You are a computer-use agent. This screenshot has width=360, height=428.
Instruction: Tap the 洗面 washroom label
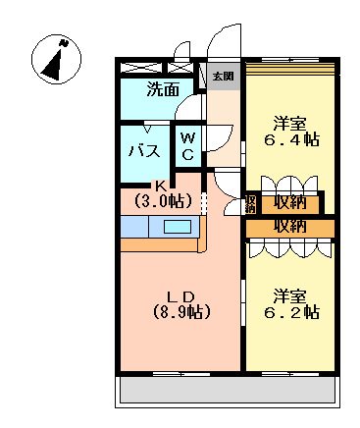point(163,90)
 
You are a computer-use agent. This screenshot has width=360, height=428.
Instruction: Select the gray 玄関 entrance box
point(223,76)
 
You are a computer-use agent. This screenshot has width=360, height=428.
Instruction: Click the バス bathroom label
point(145,150)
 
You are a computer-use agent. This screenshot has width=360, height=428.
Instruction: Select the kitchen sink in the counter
point(178,227)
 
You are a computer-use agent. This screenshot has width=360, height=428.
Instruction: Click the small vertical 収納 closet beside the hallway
point(251,203)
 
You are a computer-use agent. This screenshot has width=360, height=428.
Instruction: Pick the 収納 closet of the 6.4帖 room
point(290,203)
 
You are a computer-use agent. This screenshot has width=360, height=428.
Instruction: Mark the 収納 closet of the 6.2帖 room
point(290,227)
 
